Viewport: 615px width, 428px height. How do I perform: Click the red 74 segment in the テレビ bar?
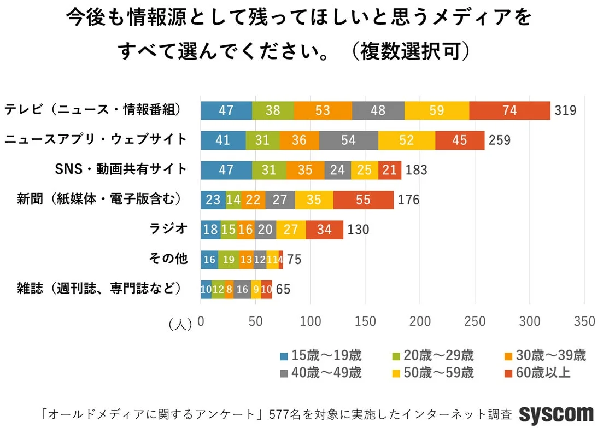click(509, 110)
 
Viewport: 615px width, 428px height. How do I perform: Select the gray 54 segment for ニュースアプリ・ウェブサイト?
click(348, 140)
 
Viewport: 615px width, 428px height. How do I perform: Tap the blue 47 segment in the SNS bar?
click(226, 170)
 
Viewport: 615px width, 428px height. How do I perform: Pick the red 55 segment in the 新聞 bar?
click(363, 200)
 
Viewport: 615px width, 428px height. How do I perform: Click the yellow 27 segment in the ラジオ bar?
click(291, 229)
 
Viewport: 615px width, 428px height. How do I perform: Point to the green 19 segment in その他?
click(228, 259)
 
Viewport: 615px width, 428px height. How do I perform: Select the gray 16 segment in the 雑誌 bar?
click(242, 289)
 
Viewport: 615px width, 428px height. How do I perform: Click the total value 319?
click(565, 110)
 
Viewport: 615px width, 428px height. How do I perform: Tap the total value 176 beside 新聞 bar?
click(408, 200)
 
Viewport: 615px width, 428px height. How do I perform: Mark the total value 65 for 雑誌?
click(283, 289)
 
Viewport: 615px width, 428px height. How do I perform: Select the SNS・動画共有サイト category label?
click(121, 169)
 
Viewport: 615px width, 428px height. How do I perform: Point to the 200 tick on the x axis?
click(420, 322)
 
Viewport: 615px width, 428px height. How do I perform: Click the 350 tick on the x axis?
click(584, 322)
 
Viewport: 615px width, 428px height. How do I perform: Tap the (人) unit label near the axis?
click(180, 324)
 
